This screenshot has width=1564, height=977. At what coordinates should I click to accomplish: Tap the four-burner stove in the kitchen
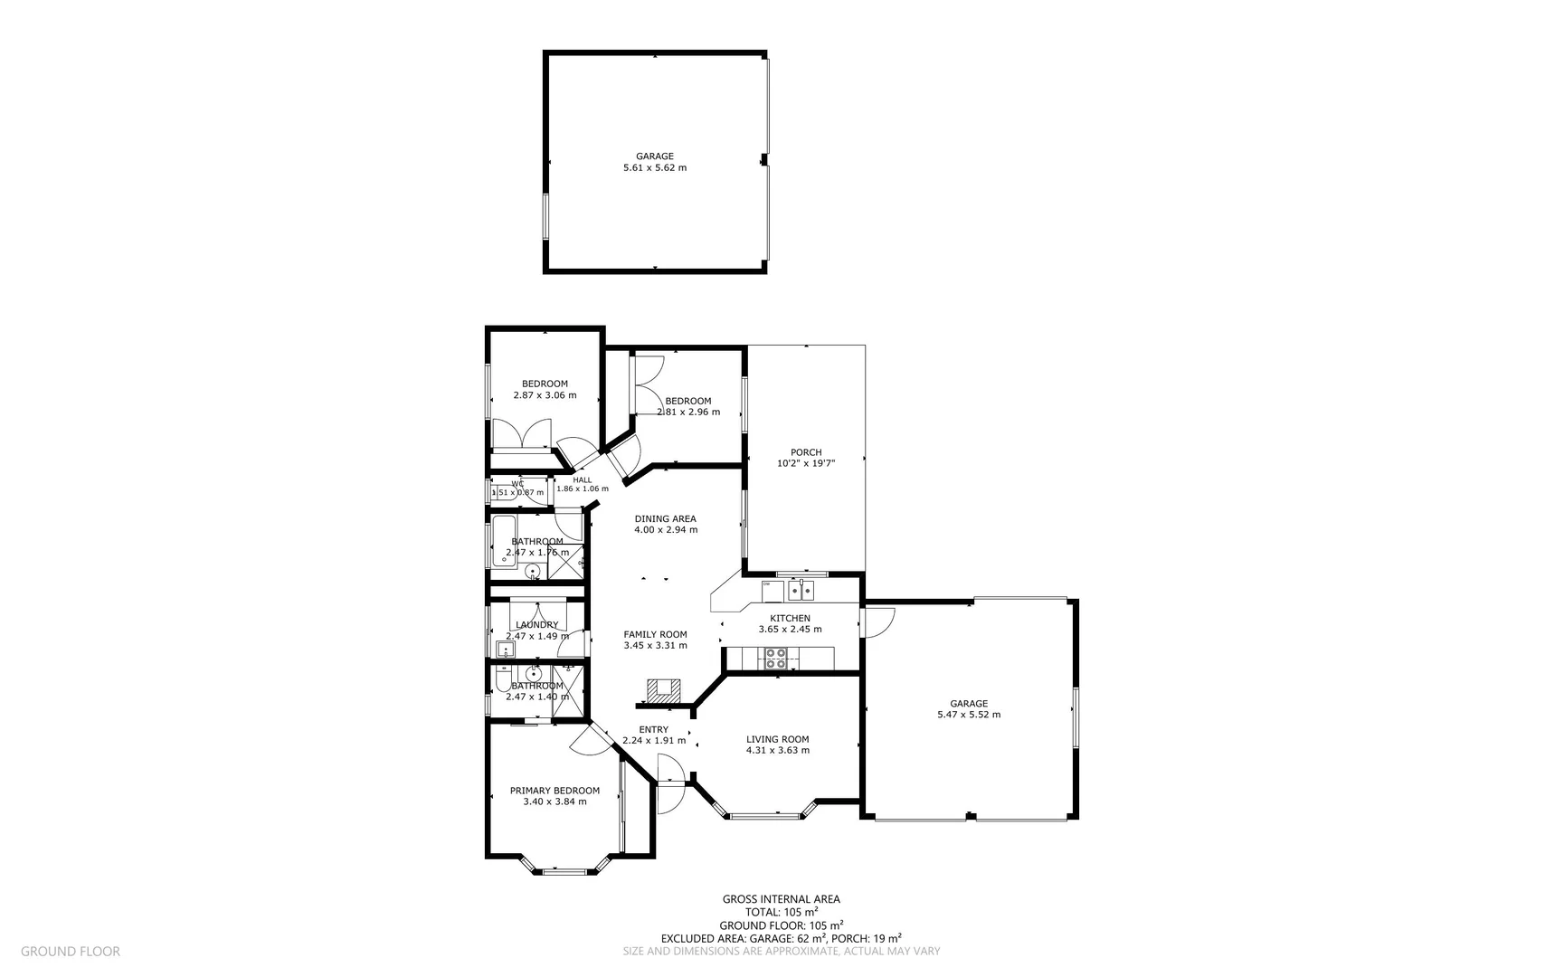(x=776, y=659)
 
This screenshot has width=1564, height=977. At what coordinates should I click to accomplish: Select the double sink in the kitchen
(x=801, y=591)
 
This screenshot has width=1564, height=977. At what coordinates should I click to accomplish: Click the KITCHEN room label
(x=790, y=619)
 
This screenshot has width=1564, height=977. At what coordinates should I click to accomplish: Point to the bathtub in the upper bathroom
(x=503, y=542)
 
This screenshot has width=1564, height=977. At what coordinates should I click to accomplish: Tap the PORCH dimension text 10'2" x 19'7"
(x=806, y=463)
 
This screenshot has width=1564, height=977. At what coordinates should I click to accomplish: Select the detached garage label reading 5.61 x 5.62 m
(x=655, y=167)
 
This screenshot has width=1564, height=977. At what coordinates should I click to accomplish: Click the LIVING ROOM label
(x=777, y=739)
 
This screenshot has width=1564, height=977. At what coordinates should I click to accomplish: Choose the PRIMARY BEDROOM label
(x=555, y=791)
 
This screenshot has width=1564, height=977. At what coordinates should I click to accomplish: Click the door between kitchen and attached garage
(x=878, y=621)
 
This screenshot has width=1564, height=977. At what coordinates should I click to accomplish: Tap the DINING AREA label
(x=665, y=518)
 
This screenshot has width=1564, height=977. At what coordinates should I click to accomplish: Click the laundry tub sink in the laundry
(x=505, y=648)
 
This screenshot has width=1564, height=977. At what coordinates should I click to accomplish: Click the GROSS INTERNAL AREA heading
(x=781, y=899)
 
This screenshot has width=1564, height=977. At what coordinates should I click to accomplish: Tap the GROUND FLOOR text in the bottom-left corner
(x=71, y=951)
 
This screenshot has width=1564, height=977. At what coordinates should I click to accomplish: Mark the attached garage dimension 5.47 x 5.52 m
(x=969, y=715)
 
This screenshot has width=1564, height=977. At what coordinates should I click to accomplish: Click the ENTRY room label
(x=653, y=729)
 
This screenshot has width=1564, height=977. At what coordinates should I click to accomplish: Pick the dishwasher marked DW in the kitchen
(x=771, y=591)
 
